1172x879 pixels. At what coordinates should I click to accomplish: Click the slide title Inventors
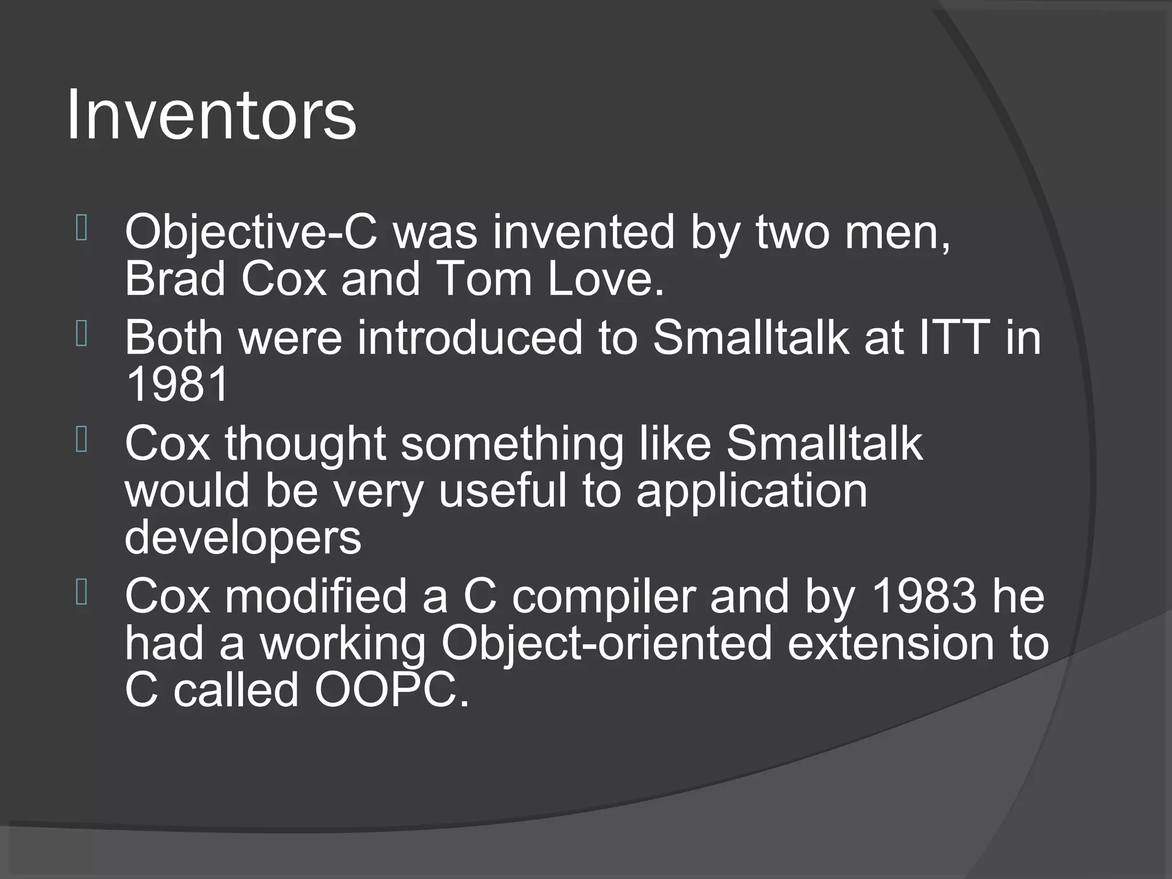pos(211,114)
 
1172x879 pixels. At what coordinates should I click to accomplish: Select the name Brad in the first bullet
pos(175,279)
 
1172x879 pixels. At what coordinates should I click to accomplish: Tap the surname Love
pos(606,279)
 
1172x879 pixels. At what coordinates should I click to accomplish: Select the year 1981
pos(177,385)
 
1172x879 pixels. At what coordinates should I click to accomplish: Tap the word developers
pos(243,538)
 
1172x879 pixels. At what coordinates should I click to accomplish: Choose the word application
pos(751,491)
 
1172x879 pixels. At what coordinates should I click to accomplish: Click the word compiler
pos(604,596)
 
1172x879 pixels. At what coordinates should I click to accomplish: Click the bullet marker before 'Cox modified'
pos(81,593)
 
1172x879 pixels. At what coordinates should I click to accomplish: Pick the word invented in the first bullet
pos(583,232)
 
